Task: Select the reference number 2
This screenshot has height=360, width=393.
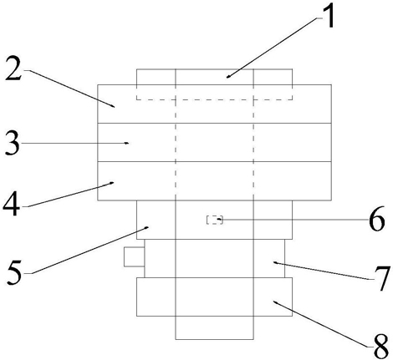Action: click(x=13, y=68)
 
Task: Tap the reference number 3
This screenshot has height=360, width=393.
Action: click(x=13, y=144)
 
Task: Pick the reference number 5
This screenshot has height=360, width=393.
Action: click(x=14, y=273)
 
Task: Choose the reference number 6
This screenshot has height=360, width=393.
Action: click(x=377, y=219)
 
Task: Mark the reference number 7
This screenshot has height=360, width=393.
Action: click(x=382, y=278)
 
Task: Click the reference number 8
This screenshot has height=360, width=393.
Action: click(x=380, y=347)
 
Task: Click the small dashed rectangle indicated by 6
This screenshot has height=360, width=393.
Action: click(x=214, y=220)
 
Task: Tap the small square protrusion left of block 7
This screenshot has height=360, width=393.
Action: click(x=135, y=256)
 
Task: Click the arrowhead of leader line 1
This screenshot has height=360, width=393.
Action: click(x=227, y=77)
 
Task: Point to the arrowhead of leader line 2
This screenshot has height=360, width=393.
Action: click(x=113, y=106)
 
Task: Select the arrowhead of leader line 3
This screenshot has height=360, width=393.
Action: click(x=127, y=143)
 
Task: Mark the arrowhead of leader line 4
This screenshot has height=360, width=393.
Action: click(x=112, y=183)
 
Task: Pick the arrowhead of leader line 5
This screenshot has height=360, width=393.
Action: click(x=146, y=228)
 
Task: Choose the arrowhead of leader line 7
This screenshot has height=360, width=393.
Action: click(x=275, y=262)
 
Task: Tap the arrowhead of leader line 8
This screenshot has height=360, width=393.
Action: click(x=275, y=302)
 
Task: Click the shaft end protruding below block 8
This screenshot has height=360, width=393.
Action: click(x=214, y=328)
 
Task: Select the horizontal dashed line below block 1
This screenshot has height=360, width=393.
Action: click(x=214, y=99)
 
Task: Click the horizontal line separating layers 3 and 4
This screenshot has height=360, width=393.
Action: click(x=214, y=161)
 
